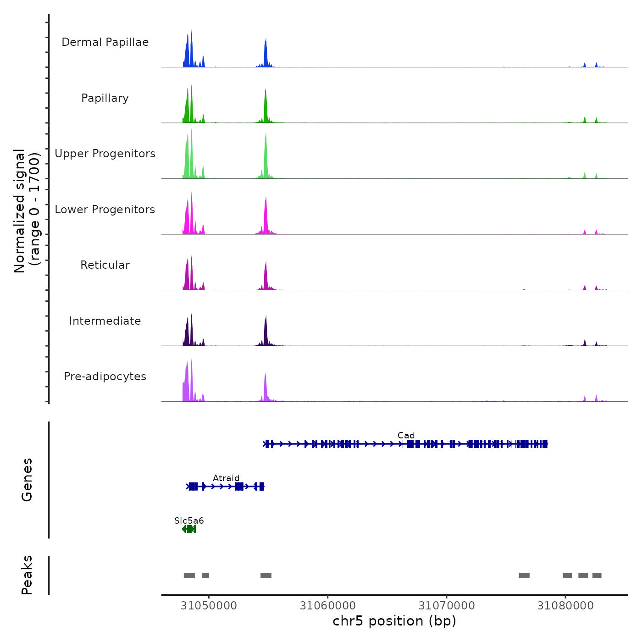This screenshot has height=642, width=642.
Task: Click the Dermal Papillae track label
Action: pos(105,42)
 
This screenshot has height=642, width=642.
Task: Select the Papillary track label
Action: pos(105,98)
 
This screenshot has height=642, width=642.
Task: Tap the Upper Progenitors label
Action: pos(105,154)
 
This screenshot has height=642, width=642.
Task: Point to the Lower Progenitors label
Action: pos(105,210)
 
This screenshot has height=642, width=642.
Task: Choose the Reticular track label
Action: pos(105,265)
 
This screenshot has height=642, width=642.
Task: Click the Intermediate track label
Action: pos(105,321)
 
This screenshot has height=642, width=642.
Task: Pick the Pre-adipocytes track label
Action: pos(105,376)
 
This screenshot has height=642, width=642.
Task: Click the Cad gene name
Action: pos(406,435)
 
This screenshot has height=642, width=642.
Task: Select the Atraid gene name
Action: pos(226,478)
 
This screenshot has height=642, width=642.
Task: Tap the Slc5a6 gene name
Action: pos(189,520)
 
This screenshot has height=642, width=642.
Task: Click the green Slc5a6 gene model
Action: pos(189,529)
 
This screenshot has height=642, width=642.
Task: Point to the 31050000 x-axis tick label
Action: pos(209,606)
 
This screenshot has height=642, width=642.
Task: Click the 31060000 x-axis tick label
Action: pos(327,606)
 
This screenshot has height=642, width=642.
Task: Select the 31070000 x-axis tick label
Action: pos(447,606)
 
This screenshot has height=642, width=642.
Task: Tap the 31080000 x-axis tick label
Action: pos(565,606)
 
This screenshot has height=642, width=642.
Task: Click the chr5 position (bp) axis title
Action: pos(394,621)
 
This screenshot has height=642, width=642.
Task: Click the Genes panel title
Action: pos(27,480)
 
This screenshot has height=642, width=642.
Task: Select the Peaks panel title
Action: pos(27,575)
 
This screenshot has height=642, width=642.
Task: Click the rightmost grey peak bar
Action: pos(597,576)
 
